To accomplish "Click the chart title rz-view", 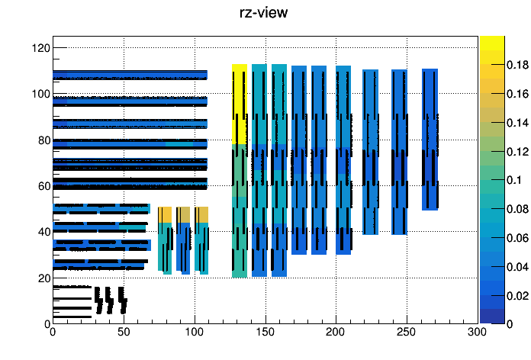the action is coord(263,12).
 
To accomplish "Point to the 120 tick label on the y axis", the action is coord(41,48).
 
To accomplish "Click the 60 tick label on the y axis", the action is coord(44,186).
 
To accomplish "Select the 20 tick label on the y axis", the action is coord(44,278).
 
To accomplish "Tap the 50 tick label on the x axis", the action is coord(124,332).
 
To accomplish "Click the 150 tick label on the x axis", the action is coord(265,332).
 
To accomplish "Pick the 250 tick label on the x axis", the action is coord(407,332).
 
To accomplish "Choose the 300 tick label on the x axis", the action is coord(477,332).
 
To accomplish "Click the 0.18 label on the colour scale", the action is coord(517,64).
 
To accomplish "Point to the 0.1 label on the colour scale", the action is coord(514,180).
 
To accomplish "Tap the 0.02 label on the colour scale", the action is coord(517,296).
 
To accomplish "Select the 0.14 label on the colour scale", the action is coord(517,122).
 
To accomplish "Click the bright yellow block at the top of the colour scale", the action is coord(492,43).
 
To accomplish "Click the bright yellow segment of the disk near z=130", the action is coord(240,104).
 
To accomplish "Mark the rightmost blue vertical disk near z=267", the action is coord(430,140).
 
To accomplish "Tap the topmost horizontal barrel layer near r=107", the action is coord(130,75).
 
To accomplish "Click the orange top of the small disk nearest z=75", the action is coord(165,215).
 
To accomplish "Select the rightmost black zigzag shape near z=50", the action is coord(123,301).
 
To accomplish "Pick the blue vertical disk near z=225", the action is coord(371,152).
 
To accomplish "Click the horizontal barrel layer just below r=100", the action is coord(130,101).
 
